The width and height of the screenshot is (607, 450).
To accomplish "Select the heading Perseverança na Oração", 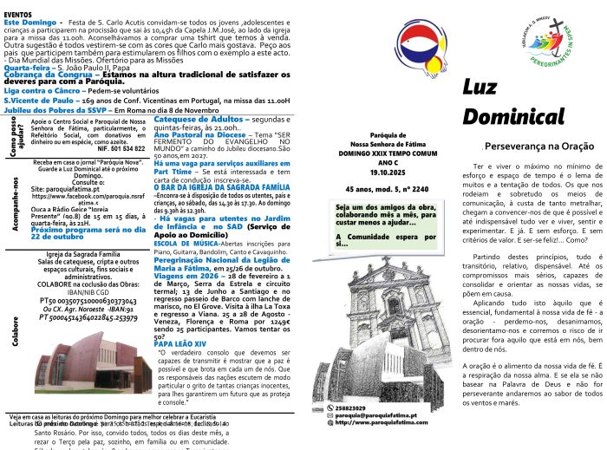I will click(534, 147).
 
